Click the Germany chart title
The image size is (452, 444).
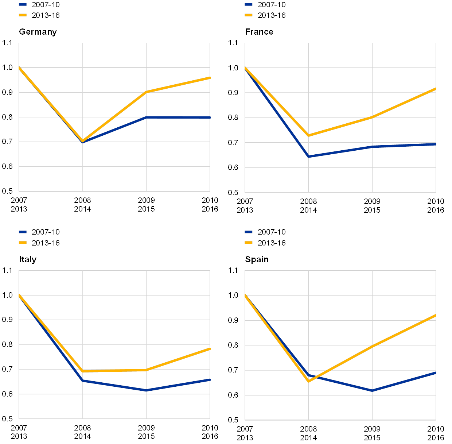coord(38,32)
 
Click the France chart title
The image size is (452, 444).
coord(260,32)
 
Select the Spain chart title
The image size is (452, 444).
coord(257,259)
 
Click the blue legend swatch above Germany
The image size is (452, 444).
coord(23,5)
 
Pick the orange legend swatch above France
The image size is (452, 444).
coord(249,15)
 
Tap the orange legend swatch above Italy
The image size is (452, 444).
coord(23,243)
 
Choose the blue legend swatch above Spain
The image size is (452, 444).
coord(249,232)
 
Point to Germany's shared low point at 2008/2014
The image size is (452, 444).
coord(83,142)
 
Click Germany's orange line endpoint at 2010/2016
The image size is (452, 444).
coord(210,78)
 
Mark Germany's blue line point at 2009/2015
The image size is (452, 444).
coord(146,117)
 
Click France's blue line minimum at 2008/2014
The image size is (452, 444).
coord(308,157)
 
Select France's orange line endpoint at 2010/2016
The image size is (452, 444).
coord(435,89)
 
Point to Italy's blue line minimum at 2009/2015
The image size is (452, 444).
coord(146,390)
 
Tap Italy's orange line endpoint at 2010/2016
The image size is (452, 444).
coord(210,349)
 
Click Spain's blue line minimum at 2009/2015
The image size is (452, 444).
coord(372,391)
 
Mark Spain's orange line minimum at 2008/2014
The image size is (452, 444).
coord(308,381)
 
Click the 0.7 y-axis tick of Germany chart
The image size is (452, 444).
coord(7,142)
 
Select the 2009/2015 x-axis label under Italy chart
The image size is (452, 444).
coord(146,432)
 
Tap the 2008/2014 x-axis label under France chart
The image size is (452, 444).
coord(308,205)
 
